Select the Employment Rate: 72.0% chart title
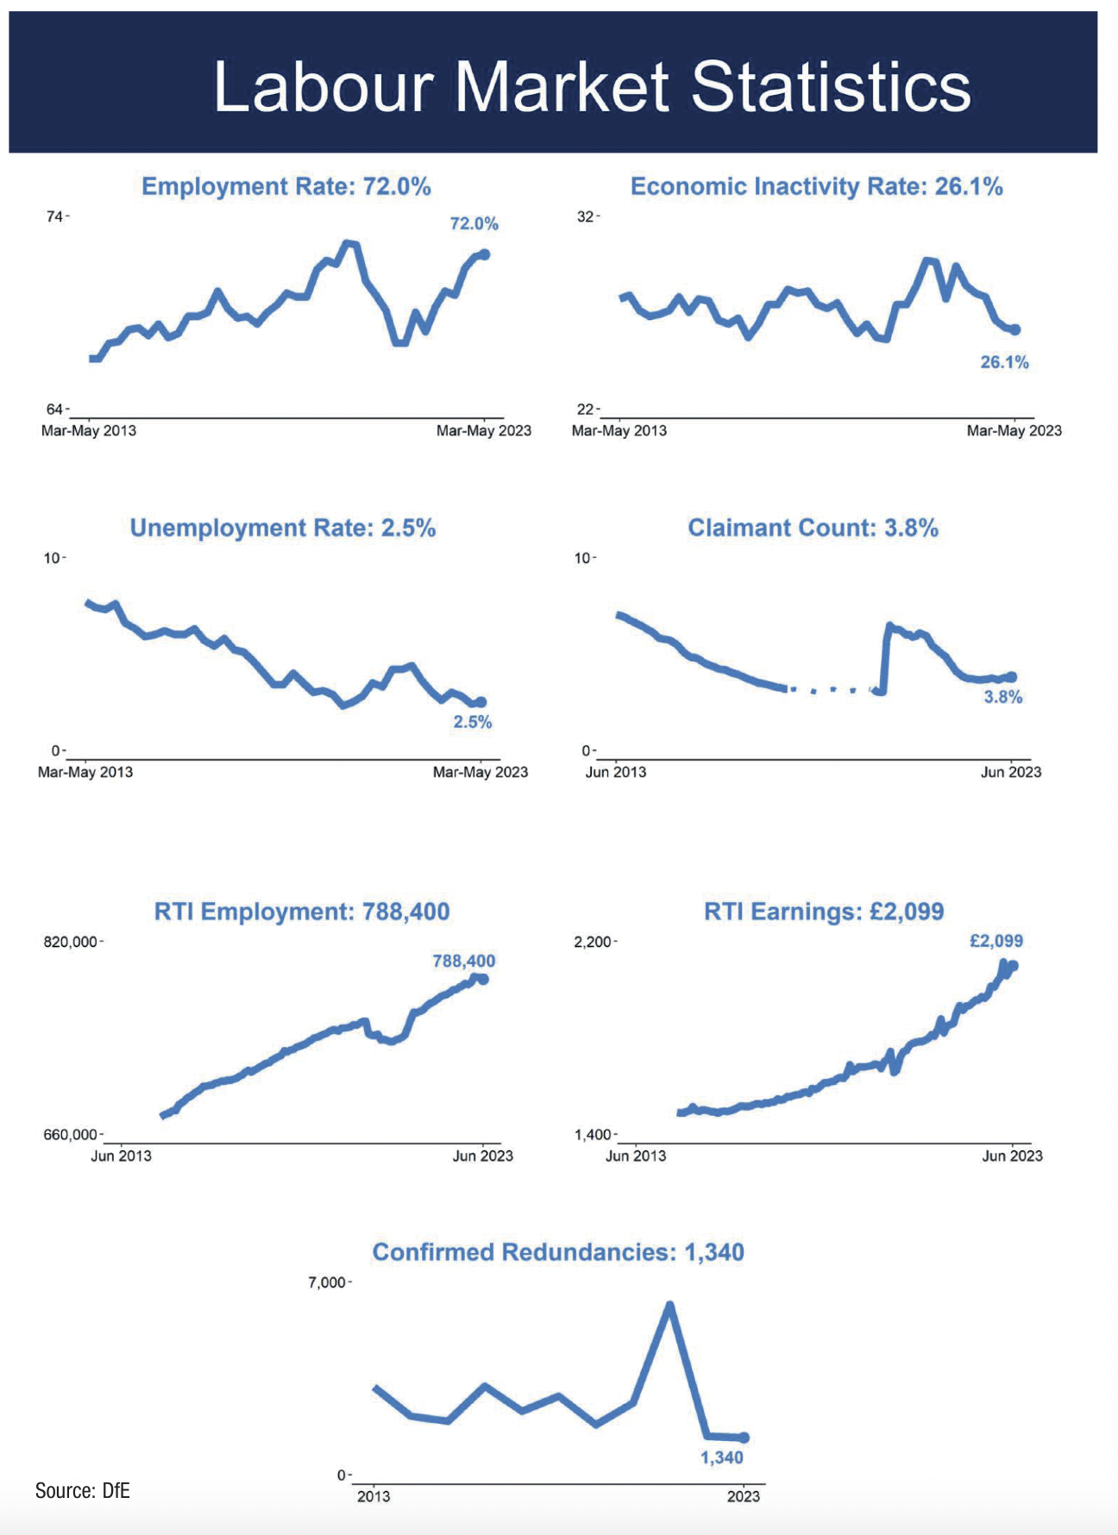[286, 186]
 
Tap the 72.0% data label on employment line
[474, 223]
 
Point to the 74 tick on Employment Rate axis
[54, 216]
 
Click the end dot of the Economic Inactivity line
[1015, 329]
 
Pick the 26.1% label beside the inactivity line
[1004, 362]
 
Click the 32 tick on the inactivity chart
[586, 216]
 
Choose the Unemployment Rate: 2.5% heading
[282, 528]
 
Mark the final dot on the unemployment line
[481, 702]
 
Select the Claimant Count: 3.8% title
[813, 528]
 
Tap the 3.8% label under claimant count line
[1002, 697]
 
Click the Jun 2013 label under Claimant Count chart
[615, 772]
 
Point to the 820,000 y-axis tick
[71, 942]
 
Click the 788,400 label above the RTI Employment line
[464, 961]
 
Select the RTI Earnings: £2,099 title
[824, 912]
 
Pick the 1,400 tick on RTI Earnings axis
[593, 1135]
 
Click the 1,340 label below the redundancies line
[721, 1457]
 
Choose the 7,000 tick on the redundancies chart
[327, 1282]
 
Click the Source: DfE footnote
[82, 1490]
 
